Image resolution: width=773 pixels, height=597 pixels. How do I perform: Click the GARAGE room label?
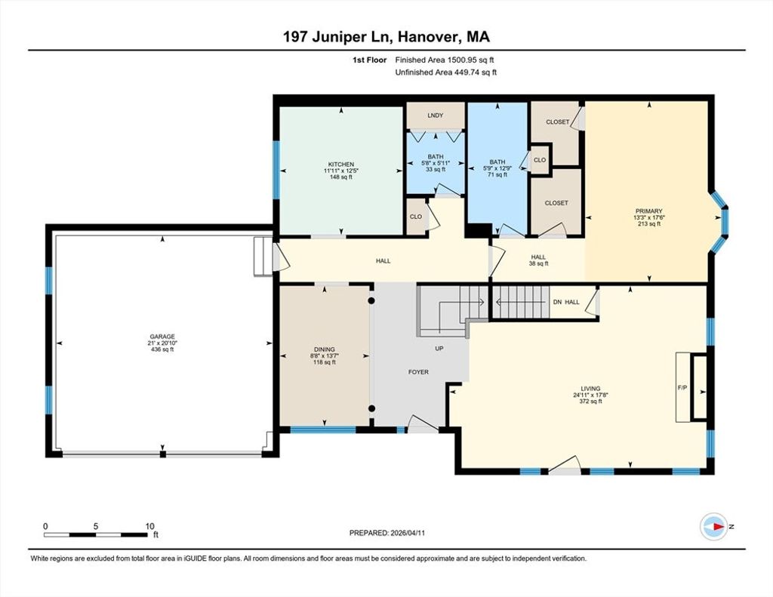162,337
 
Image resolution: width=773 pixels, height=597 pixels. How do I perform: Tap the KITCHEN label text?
341,165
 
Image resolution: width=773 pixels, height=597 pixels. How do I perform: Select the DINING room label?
325,349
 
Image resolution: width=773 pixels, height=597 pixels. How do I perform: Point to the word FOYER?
418,372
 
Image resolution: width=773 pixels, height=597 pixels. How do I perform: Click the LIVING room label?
590,389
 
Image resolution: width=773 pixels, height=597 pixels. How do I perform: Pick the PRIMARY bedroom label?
648,211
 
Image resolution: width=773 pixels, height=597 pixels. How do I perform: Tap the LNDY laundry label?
436,115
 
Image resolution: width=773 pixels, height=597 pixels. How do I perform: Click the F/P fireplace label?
682,388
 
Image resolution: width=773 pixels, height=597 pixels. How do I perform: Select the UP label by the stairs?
439,349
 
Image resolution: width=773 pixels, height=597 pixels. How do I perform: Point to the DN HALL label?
566,302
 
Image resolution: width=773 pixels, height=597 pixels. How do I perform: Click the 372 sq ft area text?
590,402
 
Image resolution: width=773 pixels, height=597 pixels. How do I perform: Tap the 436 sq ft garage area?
162,349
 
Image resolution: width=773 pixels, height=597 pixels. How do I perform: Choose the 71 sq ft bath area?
497,174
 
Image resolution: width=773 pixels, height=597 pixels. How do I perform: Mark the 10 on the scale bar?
150,527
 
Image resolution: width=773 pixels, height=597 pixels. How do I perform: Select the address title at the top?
386,37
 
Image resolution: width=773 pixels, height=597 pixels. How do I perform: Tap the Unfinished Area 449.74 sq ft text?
445,72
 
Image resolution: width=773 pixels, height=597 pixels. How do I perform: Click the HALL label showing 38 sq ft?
538,260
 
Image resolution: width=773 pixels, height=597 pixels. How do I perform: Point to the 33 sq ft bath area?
436,169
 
